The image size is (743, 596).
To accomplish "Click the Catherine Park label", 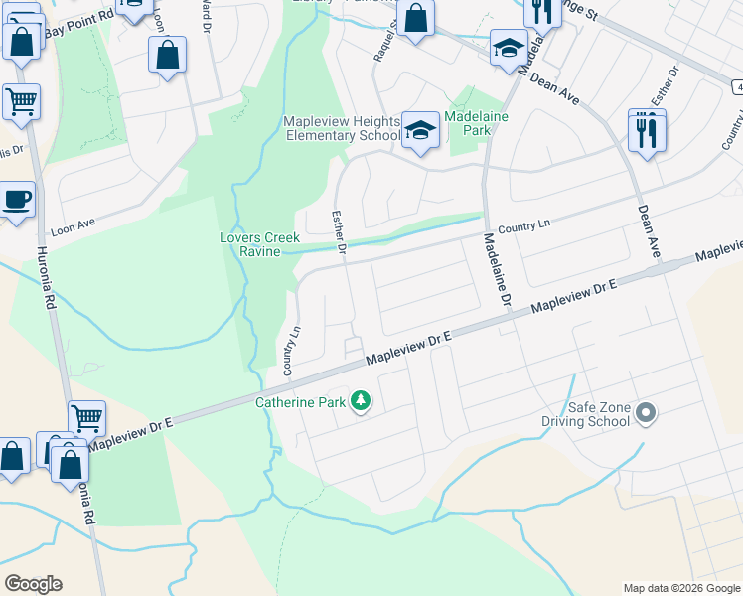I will (x=299, y=402).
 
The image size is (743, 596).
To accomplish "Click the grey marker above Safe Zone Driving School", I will (x=647, y=412).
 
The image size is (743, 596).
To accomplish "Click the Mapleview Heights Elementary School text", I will (x=342, y=128).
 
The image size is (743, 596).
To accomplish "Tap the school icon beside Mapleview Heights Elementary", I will (x=420, y=132).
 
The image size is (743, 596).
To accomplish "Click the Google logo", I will (x=33, y=583).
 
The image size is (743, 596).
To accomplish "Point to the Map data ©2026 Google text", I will (x=680, y=588).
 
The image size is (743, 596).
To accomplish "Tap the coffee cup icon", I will (x=17, y=201).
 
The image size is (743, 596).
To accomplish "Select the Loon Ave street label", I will (x=72, y=224).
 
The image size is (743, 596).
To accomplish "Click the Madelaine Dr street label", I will (x=498, y=269).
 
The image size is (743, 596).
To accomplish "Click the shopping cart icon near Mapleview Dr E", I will (x=87, y=421).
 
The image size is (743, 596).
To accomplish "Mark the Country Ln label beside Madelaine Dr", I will (x=524, y=227).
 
